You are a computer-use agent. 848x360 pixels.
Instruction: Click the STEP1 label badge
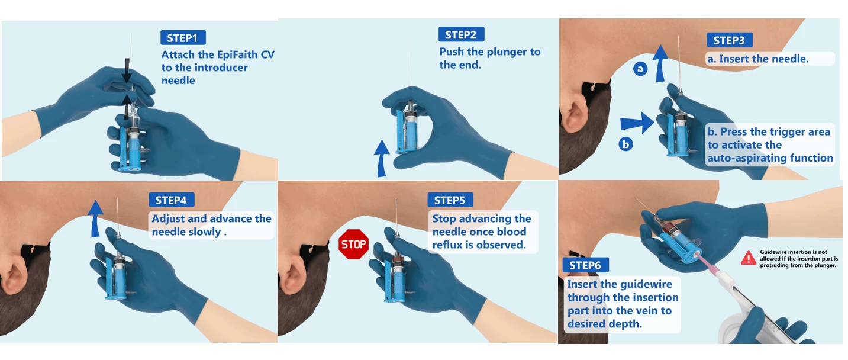click(183, 38)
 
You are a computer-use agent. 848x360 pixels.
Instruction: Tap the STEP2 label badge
click(461, 34)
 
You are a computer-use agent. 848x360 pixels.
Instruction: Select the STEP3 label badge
click(729, 40)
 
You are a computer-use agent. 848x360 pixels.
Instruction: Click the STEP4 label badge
click(172, 200)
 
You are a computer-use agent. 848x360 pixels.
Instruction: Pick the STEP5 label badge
click(450, 200)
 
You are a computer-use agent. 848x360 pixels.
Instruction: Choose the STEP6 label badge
click(585, 265)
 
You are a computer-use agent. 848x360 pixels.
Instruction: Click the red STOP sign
click(354, 245)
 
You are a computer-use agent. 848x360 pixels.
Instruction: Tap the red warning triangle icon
click(749, 258)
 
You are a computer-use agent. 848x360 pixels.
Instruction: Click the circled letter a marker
click(640, 69)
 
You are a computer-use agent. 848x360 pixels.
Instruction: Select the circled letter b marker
click(625, 144)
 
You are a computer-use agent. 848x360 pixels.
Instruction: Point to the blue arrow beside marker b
click(637, 123)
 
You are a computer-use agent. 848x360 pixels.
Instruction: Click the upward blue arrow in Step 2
click(382, 159)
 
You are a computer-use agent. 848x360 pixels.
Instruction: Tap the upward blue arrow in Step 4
click(96, 219)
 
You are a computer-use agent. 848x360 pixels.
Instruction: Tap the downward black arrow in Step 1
click(127, 70)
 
